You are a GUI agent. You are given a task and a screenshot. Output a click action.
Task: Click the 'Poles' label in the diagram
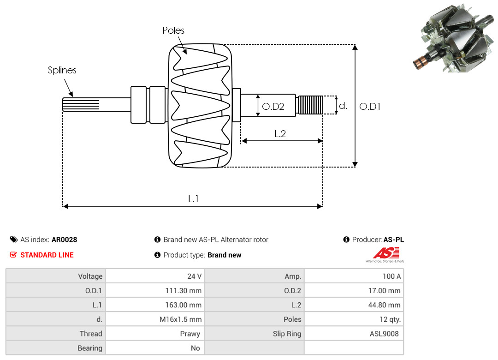(173, 30)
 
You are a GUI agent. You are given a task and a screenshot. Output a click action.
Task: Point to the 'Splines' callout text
(62, 70)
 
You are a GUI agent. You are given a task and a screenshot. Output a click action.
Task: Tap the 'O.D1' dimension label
(370, 107)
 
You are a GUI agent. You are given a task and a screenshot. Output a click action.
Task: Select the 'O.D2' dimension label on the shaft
(273, 107)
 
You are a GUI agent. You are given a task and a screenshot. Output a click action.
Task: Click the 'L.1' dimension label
(193, 199)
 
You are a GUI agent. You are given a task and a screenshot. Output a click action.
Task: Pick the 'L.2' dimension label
(280, 134)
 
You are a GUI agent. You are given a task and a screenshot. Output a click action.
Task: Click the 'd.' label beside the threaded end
(343, 106)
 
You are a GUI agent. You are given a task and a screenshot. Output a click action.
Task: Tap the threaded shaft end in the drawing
(309, 105)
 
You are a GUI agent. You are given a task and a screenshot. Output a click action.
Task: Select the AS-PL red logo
(386, 253)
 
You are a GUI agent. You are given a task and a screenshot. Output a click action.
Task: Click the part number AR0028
(64, 240)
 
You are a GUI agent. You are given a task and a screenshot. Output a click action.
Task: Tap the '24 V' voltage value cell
(194, 276)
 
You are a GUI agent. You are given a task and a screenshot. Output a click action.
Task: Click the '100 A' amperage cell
(391, 276)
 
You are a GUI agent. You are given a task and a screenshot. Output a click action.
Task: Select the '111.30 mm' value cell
(183, 291)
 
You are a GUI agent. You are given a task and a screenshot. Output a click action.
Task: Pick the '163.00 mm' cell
(183, 305)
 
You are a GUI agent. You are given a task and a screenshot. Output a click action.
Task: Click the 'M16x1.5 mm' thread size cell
(180, 319)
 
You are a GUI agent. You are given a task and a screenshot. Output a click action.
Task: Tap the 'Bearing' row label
(90, 348)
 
